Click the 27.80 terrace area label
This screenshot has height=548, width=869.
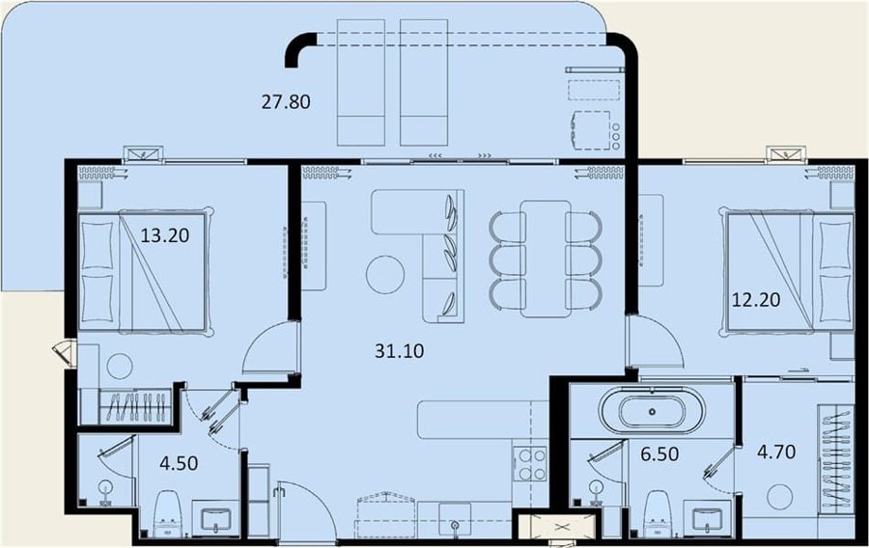pyautogui.click(x=286, y=102)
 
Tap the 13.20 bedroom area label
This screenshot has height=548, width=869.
pyautogui.click(x=164, y=235)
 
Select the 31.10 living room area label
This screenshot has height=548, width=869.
pyautogui.click(x=399, y=350)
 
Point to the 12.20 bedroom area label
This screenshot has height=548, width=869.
pyautogui.click(x=756, y=299)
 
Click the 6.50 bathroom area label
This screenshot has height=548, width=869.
pyautogui.click(x=659, y=453)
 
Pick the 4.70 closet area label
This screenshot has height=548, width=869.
pyautogui.click(x=776, y=452)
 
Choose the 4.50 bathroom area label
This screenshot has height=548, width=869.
pyautogui.click(x=179, y=463)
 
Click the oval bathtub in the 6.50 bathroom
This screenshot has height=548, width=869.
pyautogui.click(x=652, y=412)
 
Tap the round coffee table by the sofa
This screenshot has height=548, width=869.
pyautogui.click(x=385, y=275)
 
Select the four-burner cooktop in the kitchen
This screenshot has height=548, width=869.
pyautogui.click(x=531, y=464)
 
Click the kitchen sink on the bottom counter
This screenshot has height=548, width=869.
pyautogui.click(x=455, y=520)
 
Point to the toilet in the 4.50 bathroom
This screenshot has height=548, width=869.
pyautogui.click(x=167, y=513)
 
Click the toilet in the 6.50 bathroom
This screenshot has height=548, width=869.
pyautogui.click(x=659, y=513)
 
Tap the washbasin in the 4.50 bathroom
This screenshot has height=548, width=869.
pyautogui.click(x=216, y=518)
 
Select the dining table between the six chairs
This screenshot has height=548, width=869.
pyautogui.click(x=546, y=259)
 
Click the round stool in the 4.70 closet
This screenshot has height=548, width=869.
pyautogui.click(x=780, y=497)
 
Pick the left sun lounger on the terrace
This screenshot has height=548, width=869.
pyautogui.click(x=361, y=82)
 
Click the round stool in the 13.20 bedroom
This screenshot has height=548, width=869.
pyautogui.click(x=120, y=367)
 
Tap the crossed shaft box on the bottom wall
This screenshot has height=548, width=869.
pyautogui.click(x=562, y=527)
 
